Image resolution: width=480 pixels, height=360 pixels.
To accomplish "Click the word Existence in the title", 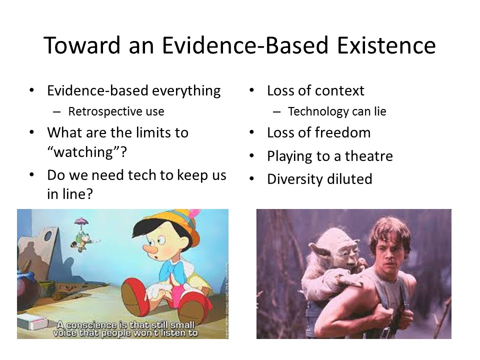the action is tap(386, 45).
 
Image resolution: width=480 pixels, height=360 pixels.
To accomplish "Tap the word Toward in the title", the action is tap(82, 45).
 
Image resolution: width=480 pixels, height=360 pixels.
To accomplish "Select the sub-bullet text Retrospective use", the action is tap(116, 111).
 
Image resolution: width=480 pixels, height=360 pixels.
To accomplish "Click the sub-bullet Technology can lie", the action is tap(337, 111).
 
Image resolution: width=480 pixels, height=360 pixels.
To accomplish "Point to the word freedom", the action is tap(342, 133).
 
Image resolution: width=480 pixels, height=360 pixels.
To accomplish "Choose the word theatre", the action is tap(369, 156).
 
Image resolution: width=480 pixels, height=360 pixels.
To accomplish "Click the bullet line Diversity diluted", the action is tap(319, 179).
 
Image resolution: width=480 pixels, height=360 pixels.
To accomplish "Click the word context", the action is tap(339, 91).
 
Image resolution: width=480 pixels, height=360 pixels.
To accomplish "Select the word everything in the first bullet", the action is tap(186, 91).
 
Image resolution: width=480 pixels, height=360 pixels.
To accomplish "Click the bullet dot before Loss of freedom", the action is tap(251, 133).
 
